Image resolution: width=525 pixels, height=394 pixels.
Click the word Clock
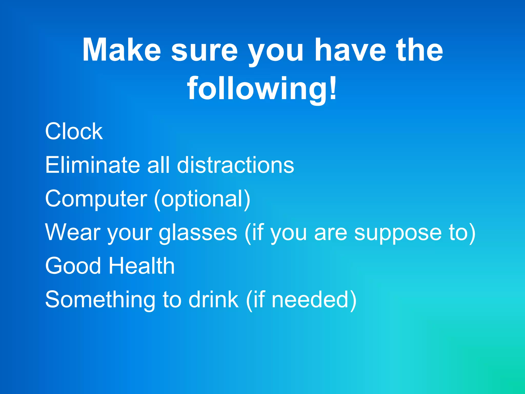click(74, 131)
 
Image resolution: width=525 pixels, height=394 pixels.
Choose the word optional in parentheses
click(202, 199)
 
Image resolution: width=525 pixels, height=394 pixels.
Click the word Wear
click(73, 232)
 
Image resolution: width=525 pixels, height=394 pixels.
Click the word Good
click(73, 266)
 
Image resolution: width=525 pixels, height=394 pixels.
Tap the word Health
click(142, 266)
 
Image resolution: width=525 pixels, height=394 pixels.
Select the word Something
click(100, 300)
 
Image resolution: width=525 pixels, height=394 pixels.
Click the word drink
click(214, 300)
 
